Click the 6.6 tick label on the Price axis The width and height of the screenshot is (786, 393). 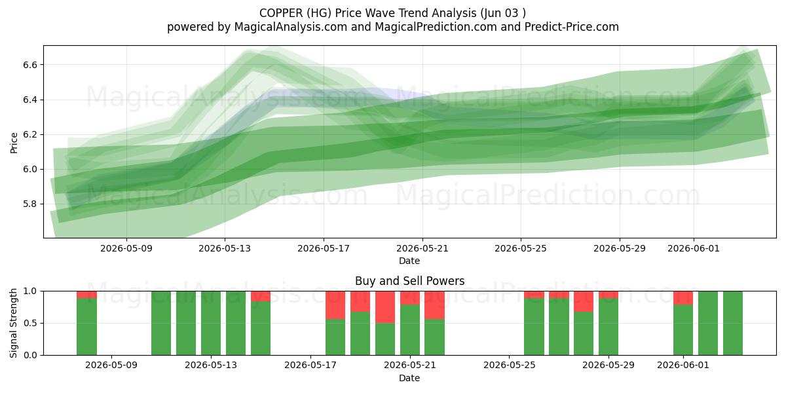30,65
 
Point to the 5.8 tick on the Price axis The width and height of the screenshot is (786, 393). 30,204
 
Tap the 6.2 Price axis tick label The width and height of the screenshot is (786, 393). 30,135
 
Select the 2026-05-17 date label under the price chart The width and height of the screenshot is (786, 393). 324,248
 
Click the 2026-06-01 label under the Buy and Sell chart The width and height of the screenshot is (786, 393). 683,365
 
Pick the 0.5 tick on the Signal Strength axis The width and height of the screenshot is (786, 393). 30,323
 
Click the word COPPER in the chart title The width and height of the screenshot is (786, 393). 281,13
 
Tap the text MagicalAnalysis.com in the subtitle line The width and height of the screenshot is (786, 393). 291,27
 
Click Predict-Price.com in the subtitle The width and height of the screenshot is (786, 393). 572,27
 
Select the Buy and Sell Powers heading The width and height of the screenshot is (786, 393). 409,281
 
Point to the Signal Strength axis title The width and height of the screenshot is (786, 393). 13,323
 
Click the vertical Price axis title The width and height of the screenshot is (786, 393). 14,143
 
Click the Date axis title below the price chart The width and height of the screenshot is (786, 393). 409,261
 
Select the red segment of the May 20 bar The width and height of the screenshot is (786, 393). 385,307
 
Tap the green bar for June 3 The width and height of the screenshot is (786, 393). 733,323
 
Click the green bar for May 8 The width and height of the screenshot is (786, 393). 86,327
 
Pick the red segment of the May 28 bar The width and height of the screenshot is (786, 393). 584,301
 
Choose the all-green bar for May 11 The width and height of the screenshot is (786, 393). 161,323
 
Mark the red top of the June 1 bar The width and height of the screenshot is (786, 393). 683,298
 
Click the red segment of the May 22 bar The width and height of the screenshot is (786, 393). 434,305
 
